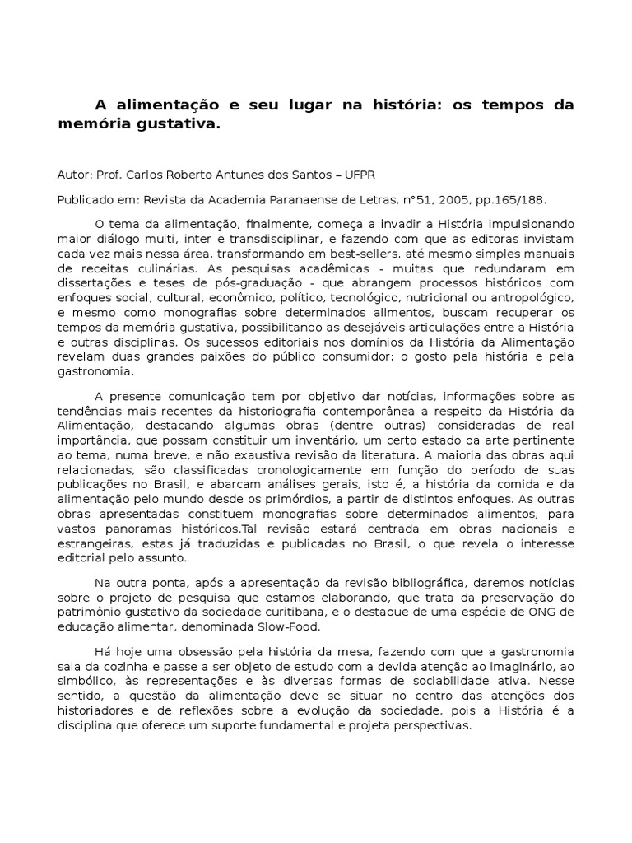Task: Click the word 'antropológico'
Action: click(x=532, y=298)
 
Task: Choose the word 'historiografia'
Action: click(x=281, y=412)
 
